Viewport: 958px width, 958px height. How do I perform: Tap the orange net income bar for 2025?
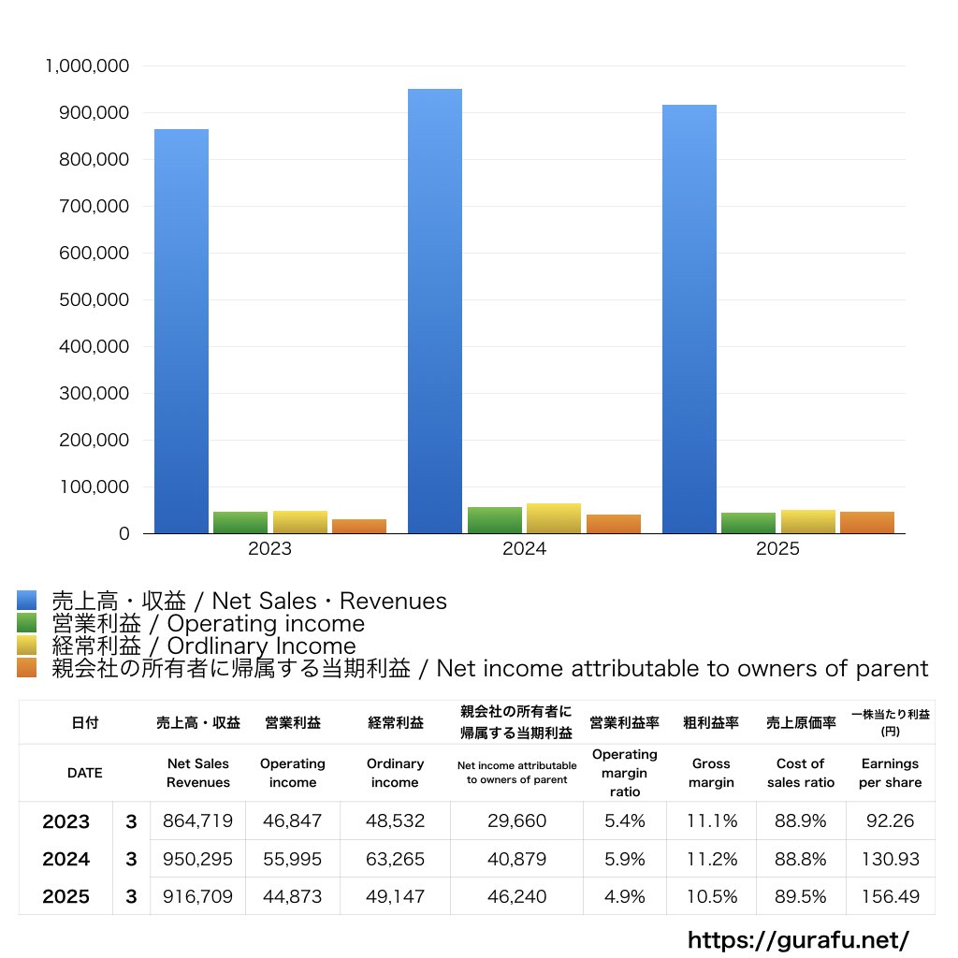866,522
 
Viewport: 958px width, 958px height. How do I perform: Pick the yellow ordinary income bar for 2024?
554,518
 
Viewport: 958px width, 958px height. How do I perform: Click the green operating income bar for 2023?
240,522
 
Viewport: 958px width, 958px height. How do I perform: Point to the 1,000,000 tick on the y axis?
86,66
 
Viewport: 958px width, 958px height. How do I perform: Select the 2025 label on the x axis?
777,549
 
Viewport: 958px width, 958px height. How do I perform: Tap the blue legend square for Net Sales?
27,601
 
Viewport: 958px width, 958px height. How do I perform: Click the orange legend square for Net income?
27,668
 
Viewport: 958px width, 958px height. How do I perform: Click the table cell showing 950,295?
197,859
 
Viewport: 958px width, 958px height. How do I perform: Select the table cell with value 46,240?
516,896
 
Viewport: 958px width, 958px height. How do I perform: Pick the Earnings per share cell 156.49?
890,896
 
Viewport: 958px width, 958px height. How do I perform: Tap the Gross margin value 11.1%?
711,821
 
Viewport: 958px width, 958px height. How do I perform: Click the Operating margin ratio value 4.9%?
624,896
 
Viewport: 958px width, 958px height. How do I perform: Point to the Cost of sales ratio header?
800,773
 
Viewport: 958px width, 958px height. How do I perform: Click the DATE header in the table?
84,773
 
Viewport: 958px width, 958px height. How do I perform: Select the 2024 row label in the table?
66,859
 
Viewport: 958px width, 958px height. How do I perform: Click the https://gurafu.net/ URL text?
798,939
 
